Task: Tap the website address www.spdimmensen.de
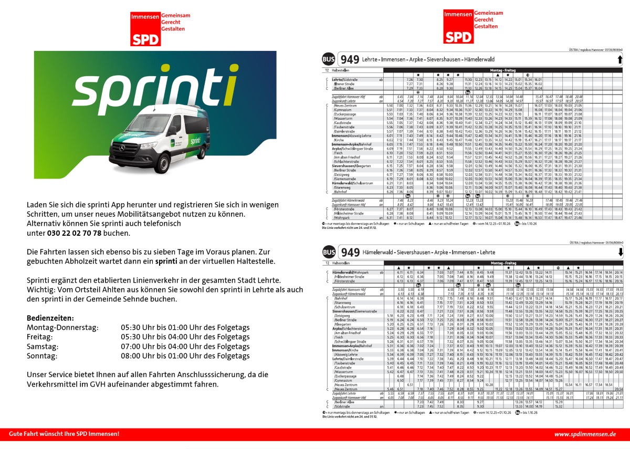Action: (585, 434)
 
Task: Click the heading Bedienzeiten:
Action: (50, 318)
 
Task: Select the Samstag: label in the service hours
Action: (43, 347)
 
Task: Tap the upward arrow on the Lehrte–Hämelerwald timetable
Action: (620, 59)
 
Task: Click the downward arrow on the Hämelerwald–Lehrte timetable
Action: (620, 252)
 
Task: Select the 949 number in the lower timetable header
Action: (350, 253)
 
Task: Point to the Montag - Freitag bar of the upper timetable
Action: (503, 69)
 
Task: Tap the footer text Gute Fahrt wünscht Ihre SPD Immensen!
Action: (64, 434)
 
